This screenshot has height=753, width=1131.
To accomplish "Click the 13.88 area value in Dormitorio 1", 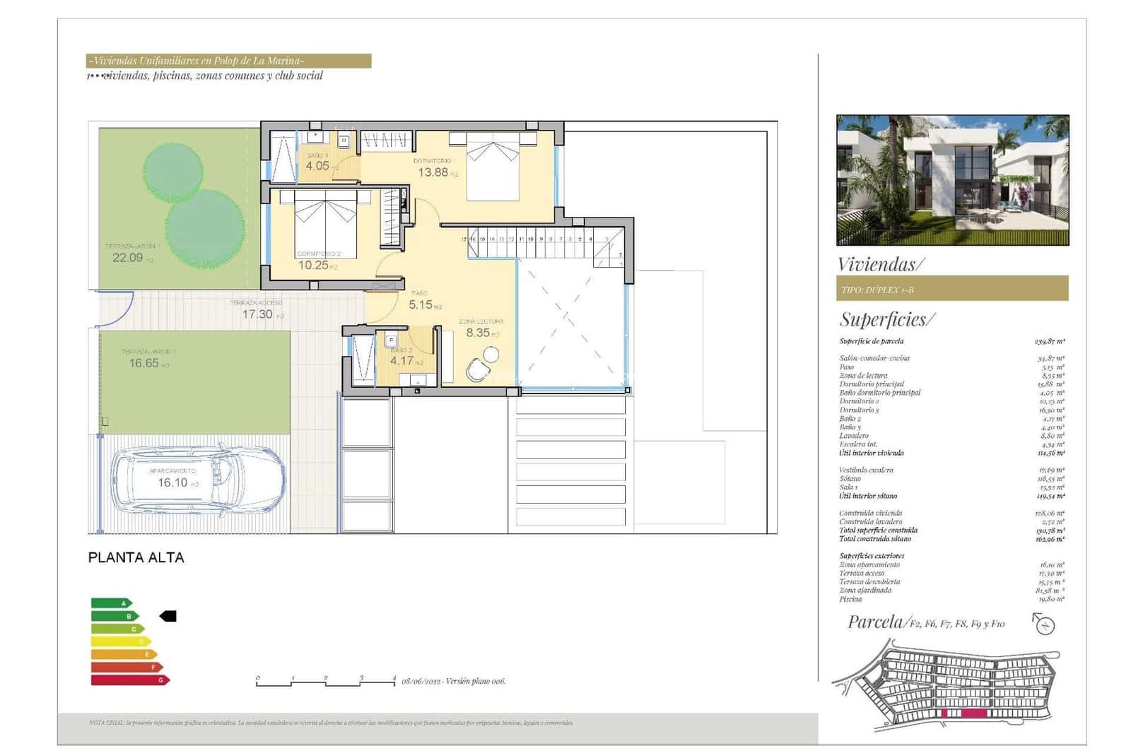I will [433, 172].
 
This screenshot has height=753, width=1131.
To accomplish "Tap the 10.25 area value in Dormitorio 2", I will [313, 266].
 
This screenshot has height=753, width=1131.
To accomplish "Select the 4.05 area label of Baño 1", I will [317, 166].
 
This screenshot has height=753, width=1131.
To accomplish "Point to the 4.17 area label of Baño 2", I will [402, 361].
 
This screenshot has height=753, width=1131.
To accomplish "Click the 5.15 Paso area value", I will [421, 305].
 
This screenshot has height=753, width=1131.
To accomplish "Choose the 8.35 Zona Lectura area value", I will [478, 333].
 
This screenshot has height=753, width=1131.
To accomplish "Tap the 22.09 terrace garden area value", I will [128, 258].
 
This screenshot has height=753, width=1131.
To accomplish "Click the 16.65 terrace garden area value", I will [144, 363].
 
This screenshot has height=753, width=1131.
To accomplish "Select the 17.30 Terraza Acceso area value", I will [257, 314].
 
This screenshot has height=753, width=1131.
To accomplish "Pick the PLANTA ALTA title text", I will [136, 557].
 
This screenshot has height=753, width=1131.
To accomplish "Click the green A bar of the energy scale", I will [111, 603].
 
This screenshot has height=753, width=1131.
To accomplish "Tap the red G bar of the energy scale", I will [130, 680].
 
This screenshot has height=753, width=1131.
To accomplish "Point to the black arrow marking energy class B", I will [168, 616].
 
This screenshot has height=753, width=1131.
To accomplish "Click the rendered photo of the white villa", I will [952, 180].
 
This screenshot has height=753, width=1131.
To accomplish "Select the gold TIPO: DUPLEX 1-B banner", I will [951, 289].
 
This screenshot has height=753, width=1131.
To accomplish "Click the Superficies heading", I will [886, 320].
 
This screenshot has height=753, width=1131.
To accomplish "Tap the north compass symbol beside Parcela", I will [1044, 624].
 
